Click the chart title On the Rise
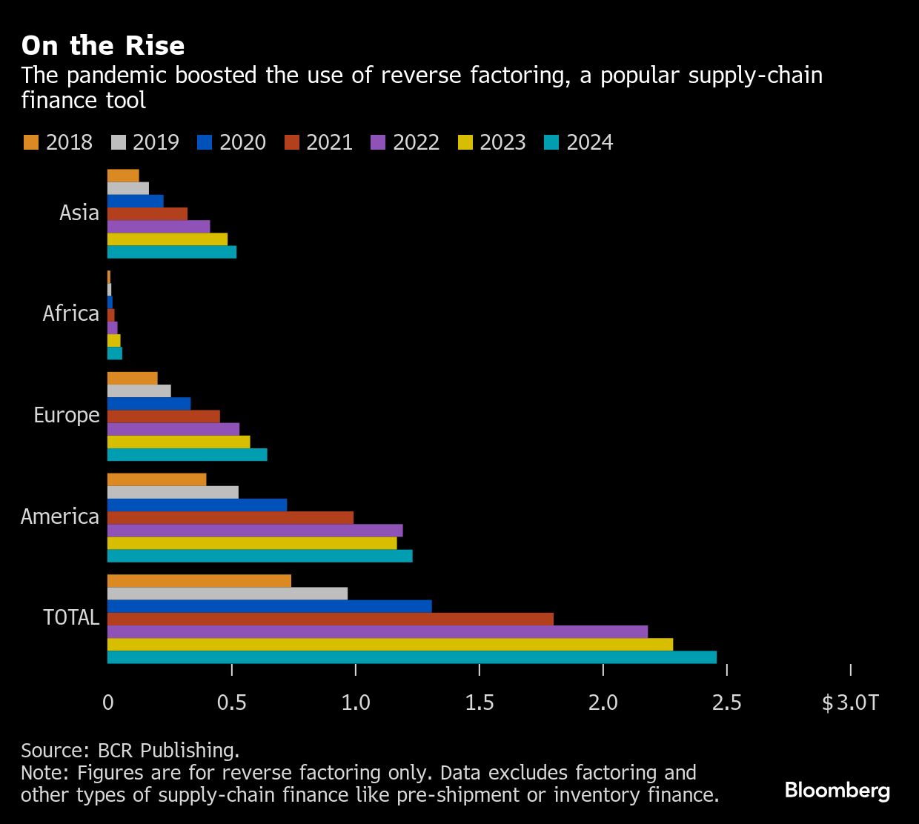coord(103,46)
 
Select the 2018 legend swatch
coord(30,142)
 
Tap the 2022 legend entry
coord(405,142)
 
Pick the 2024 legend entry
coord(578,142)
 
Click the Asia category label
coord(79,213)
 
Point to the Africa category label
coord(71,313)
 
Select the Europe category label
coord(67,415)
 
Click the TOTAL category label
coord(71,617)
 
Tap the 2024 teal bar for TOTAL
coord(411,657)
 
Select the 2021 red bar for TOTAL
coord(330,619)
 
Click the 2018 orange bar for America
coord(156,479)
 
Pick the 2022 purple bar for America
coord(255,531)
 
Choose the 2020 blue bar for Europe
coord(149,404)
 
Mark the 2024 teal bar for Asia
coord(172,252)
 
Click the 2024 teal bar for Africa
coord(115,353)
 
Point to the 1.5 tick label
coord(480,702)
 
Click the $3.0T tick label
coord(850,702)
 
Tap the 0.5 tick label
coord(232,702)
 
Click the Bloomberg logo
coord(837,791)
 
